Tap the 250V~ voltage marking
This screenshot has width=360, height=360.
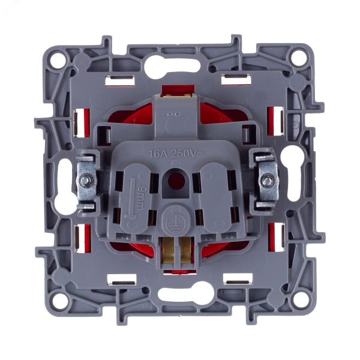click(x=187, y=153)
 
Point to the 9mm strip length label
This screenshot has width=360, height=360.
click(x=140, y=198)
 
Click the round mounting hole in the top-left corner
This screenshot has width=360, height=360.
click(x=57, y=61)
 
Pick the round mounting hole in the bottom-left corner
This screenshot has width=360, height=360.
click(x=59, y=301)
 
